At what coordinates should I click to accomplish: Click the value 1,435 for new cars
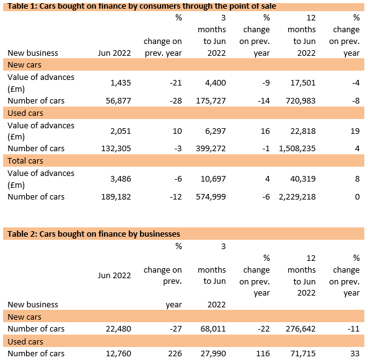click(x=121, y=83)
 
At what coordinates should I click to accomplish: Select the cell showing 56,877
click(x=118, y=100)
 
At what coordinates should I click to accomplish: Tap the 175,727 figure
click(x=211, y=100)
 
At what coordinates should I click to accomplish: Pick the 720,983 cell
click(x=300, y=100)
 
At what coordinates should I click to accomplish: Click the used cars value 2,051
click(x=121, y=131)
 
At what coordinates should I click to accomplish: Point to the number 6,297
click(x=216, y=131)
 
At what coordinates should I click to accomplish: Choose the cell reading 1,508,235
click(x=297, y=149)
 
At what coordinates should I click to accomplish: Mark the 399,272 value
click(x=211, y=149)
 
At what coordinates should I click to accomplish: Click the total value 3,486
click(x=121, y=179)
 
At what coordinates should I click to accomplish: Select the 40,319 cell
click(x=303, y=179)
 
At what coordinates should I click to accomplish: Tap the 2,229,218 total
click(x=297, y=196)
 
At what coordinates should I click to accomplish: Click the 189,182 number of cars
click(x=116, y=196)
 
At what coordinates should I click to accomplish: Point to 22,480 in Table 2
click(x=118, y=329)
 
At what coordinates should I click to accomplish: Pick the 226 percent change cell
click(x=175, y=353)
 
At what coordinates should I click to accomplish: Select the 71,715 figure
click(x=303, y=353)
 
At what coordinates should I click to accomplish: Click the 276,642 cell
click(x=300, y=329)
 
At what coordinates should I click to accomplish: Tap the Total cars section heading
click(x=25, y=160)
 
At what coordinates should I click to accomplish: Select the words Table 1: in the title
click(x=22, y=6)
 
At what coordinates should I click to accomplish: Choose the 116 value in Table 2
click(x=263, y=353)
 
